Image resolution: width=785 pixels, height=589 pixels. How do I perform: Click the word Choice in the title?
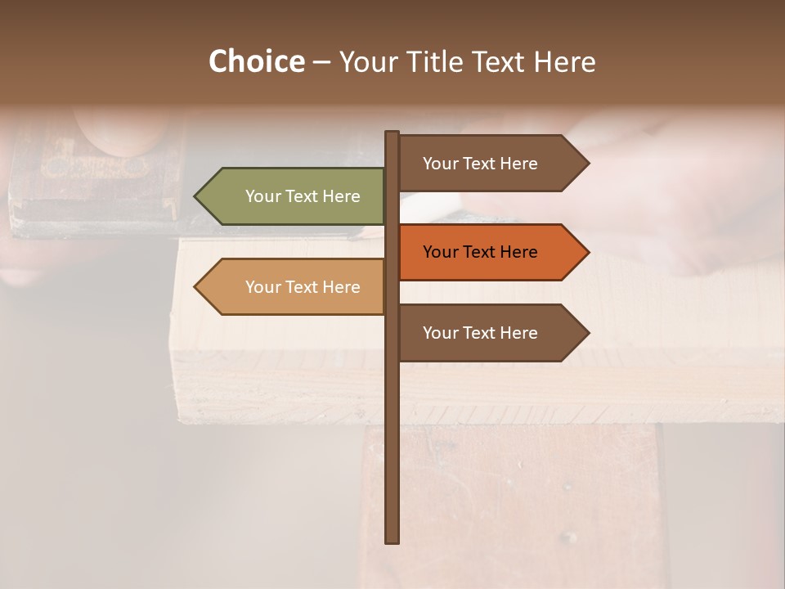(256, 61)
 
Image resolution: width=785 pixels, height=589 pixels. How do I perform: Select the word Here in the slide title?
(564, 61)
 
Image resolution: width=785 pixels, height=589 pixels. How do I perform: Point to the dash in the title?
(321, 62)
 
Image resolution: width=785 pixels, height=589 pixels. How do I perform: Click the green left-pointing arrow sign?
(290, 196)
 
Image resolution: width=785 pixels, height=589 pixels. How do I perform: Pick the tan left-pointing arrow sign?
(290, 287)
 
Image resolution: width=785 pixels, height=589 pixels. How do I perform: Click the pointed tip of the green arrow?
(195, 196)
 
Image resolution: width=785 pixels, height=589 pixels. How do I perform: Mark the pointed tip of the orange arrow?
(588, 252)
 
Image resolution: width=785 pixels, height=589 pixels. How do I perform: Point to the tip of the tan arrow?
(195, 287)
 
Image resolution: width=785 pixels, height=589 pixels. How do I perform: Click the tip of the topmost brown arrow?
(588, 164)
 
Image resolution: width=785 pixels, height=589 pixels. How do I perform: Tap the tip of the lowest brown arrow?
(588, 333)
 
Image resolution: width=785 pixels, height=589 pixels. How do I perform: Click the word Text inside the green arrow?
(302, 196)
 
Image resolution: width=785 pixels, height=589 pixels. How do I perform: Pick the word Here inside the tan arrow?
(342, 287)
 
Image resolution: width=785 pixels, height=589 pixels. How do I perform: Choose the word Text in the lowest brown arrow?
(479, 333)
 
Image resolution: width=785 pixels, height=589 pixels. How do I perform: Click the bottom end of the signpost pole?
(392, 540)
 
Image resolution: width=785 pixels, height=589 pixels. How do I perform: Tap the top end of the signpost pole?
(392, 133)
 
